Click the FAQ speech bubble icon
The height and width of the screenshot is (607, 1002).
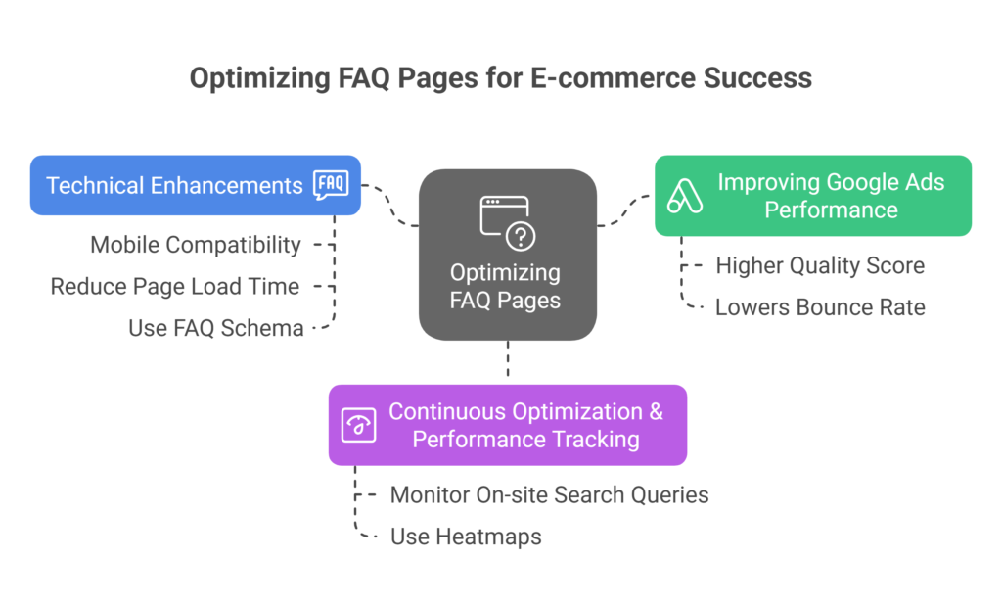(x=331, y=185)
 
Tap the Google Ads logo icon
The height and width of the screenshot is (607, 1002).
(x=684, y=196)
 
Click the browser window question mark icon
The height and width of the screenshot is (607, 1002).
(x=507, y=222)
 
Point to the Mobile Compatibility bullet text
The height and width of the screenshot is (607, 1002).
(x=196, y=245)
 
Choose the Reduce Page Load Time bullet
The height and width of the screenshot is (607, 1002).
(x=175, y=286)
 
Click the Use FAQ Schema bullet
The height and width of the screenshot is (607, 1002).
(x=215, y=328)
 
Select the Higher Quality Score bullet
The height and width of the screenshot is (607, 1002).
(x=820, y=265)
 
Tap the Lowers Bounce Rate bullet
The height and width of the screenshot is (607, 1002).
(x=820, y=306)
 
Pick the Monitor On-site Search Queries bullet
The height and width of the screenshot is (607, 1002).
(x=549, y=494)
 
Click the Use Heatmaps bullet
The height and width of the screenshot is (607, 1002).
(x=466, y=537)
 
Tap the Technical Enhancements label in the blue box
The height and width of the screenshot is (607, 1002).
(x=174, y=185)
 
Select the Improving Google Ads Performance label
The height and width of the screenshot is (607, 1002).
(x=831, y=196)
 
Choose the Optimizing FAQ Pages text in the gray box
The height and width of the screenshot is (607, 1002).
(x=506, y=286)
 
